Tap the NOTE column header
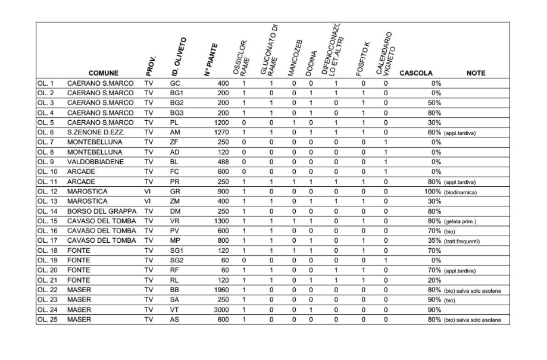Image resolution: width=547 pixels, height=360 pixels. click(476, 74)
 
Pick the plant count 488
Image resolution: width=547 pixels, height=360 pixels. click(222, 161)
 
